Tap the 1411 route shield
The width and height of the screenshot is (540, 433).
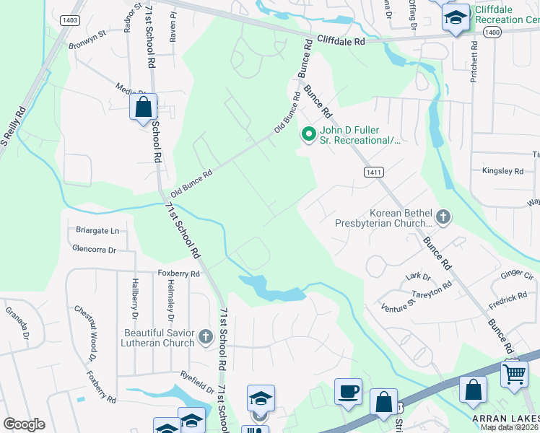tap(373, 172)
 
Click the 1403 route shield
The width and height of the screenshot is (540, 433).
tap(70, 20)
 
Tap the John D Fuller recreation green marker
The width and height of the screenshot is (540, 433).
tap(309, 134)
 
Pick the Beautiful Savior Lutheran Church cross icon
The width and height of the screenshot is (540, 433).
tap(206, 336)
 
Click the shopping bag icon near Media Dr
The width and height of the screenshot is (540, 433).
tap(144, 108)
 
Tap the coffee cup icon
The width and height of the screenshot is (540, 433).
tap(348, 390)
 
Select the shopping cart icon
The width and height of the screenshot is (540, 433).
tap(514, 374)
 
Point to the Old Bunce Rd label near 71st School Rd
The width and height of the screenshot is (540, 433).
tap(192, 183)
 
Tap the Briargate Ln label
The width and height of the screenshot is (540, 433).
tap(97, 231)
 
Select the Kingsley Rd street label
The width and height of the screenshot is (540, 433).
tap(502, 171)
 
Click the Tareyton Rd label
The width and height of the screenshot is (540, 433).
tap(431, 289)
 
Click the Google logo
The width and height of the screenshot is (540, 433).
tap(24, 424)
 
